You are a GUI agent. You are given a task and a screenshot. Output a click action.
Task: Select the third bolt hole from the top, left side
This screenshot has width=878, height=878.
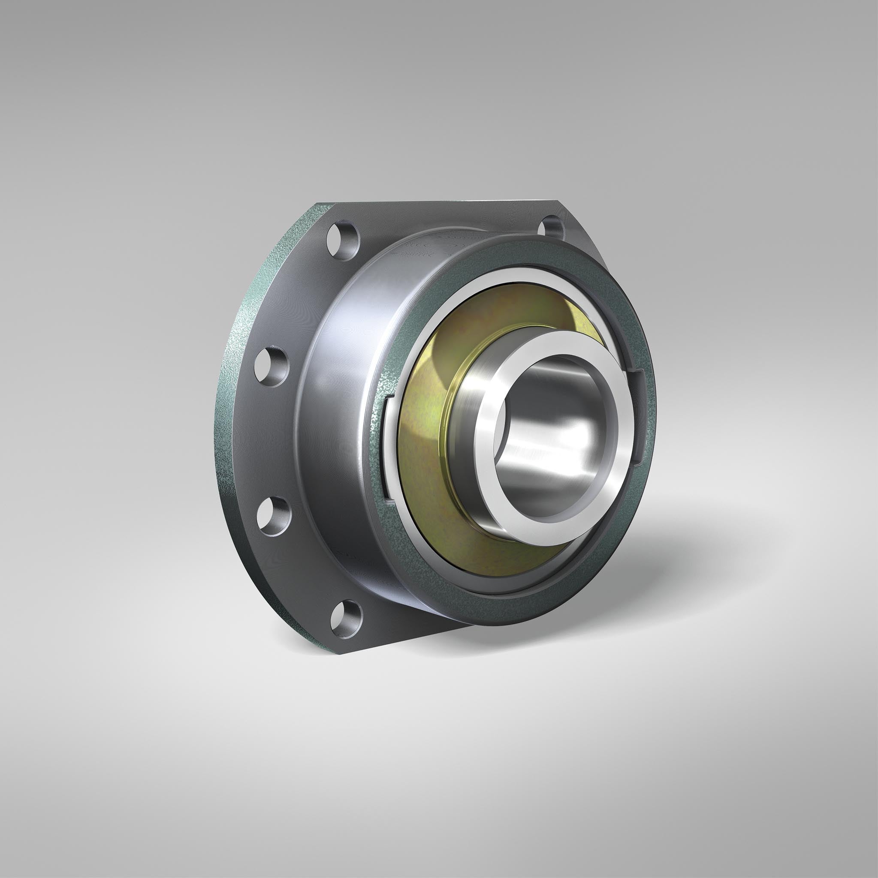coord(273,515)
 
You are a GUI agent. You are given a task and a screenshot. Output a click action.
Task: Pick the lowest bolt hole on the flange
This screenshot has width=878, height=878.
coord(346,618)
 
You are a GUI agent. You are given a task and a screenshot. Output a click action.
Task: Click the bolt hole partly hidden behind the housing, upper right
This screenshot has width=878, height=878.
coord(551,227)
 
